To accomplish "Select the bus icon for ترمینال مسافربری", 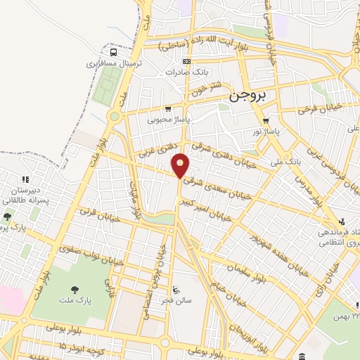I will pyautogui.click(x=114, y=52).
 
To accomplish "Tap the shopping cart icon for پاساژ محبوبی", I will pyautogui.click(x=167, y=109).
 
